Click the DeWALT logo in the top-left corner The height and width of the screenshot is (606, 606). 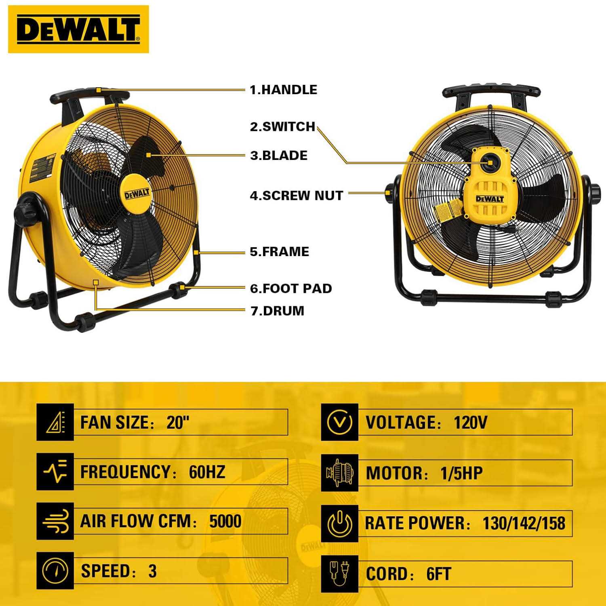[78, 29]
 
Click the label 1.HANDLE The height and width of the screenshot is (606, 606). [283, 90]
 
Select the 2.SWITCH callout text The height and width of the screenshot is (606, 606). [282, 126]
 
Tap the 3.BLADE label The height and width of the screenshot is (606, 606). [279, 156]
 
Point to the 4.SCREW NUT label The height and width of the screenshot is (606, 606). [297, 196]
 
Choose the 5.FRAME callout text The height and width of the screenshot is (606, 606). [280, 252]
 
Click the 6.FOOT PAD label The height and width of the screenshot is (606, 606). [291, 288]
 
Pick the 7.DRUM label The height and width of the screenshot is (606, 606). [277, 311]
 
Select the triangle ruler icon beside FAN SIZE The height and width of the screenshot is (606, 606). [55, 422]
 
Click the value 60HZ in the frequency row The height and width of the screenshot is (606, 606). [207, 472]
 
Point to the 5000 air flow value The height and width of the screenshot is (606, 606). [225, 521]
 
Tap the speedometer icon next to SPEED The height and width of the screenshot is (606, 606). [55, 570]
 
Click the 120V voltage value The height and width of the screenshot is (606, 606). [470, 423]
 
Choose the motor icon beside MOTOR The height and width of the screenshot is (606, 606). [339, 472]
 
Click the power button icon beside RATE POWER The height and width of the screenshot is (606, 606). [339, 523]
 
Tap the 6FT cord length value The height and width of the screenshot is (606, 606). [438, 574]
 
